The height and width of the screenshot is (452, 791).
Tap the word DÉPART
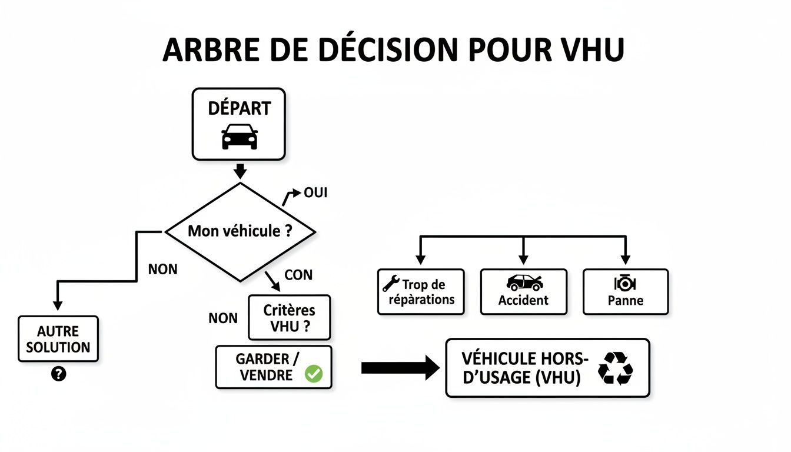click(x=240, y=109)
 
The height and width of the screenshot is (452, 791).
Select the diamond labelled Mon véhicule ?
click(x=240, y=231)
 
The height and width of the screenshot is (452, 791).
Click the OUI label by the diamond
click(x=315, y=193)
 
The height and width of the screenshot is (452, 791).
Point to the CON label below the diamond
click(x=298, y=275)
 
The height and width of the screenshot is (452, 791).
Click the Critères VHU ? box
click(x=289, y=318)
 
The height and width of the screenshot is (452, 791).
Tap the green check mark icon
click(x=314, y=374)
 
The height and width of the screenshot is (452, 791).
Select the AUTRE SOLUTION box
click(x=58, y=339)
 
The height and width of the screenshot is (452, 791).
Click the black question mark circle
click(x=58, y=373)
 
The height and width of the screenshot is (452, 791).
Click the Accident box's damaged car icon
click(x=524, y=282)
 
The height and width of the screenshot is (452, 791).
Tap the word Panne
click(x=626, y=301)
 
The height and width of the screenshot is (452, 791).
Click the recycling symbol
click(x=615, y=368)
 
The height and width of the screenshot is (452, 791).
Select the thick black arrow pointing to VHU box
click(x=400, y=368)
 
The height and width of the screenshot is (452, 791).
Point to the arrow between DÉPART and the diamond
click(x=240, y=171)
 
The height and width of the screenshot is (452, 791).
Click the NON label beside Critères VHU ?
click(x=223, y=318)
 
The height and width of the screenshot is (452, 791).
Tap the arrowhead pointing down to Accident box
click(x=523, y=259)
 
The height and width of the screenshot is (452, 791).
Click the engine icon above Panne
click(x=625, y=283)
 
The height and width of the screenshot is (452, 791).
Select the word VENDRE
click(x=266, y=375)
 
